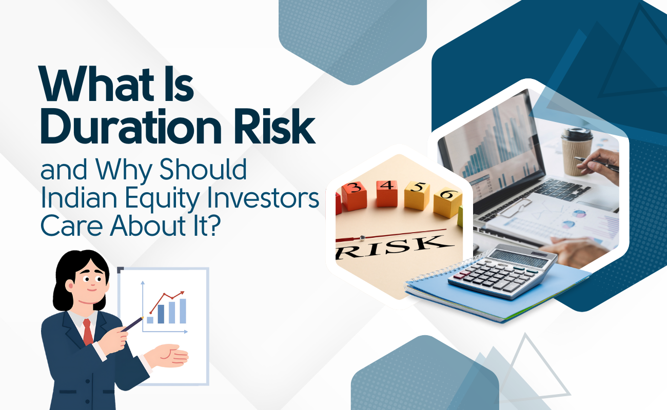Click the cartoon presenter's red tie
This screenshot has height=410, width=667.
point(88,332)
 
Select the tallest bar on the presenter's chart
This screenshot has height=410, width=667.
point(183,311)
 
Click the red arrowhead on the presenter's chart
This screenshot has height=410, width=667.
point(182,294)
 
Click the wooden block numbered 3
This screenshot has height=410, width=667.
point(354,195)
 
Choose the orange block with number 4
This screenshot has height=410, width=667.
point(387,193)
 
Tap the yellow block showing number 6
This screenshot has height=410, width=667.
point(447,202)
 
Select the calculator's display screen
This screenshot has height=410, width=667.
point(518,258)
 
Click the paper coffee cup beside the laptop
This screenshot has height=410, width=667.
point(577,152)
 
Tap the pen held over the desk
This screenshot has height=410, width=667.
point(596,164)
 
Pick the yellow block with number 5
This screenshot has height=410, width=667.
point(417,195)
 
